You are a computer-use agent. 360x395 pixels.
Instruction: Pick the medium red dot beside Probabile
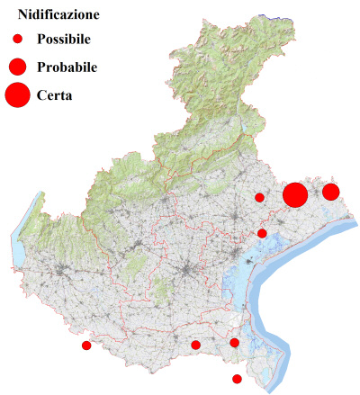pos(17,66)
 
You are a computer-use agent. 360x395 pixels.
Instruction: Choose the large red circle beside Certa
pos(17,94)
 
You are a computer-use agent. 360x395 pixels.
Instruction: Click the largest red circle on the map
pos(296,194)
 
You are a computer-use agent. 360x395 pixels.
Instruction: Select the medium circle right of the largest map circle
pos(330,192)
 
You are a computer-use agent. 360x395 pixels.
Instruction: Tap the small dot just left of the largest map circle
pos(259,197)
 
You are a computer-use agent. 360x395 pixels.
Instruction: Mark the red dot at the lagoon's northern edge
pos(262,234)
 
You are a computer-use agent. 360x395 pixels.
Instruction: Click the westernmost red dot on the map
pos(86,346)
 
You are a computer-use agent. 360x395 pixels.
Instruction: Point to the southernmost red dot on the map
pos(238,379)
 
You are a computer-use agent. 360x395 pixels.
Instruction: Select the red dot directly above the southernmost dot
pos(235,343)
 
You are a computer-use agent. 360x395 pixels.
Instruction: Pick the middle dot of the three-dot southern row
pos(195,345)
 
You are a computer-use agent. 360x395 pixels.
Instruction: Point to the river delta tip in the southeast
pos(273,389)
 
